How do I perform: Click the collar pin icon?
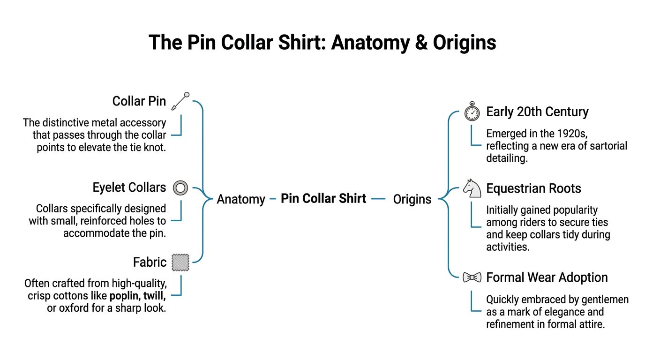[180, 101]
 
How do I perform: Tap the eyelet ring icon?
[180, 188]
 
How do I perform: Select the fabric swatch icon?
[180, 262]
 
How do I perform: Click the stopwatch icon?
[472, 112]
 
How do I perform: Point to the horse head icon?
[472, 188]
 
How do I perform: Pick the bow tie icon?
[472, 277]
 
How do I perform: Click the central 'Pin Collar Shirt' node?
[323, 198]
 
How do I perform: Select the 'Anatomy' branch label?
[241, 199]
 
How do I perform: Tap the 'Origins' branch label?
[412, 199]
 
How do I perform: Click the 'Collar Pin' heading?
[139, 101]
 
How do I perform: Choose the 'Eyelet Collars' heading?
[129, 187]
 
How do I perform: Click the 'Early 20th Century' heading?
[537, 112]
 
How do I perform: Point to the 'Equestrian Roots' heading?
[533, 188]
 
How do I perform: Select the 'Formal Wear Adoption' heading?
[547, 277]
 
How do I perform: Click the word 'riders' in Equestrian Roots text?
[526, 222]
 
